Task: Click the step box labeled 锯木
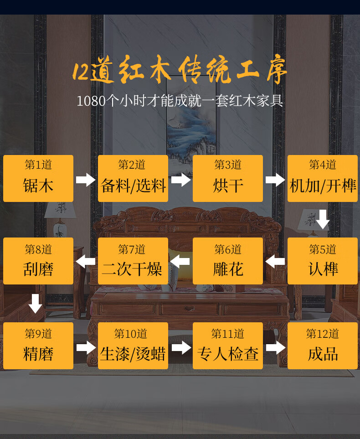(x=38, y=178)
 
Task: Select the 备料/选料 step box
(x=133, y=178)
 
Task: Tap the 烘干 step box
(x=228, y=178)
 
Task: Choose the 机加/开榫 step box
(x=323, y=178)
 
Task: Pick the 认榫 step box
(x=323, y=261)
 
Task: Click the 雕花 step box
(x=228, y=261)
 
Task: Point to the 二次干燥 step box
(x=133, y=261)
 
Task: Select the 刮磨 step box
(x=38, y=261)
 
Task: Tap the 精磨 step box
(x=38, y=346)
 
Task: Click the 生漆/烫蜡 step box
(x=133, y=346)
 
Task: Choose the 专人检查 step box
(x=228, y=346)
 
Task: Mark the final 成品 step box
(x=323, y=346)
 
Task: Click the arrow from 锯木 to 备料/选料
(x=86, y=180)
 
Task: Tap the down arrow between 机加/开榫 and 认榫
(x=323, y=219)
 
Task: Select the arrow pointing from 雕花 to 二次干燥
(x=180, y=261)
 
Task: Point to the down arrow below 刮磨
(x=36, y=304)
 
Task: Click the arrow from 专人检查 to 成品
(x=275, y=348)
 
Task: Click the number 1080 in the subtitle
(x=91, y=101)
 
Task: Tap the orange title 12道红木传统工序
(x=180, y=72)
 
